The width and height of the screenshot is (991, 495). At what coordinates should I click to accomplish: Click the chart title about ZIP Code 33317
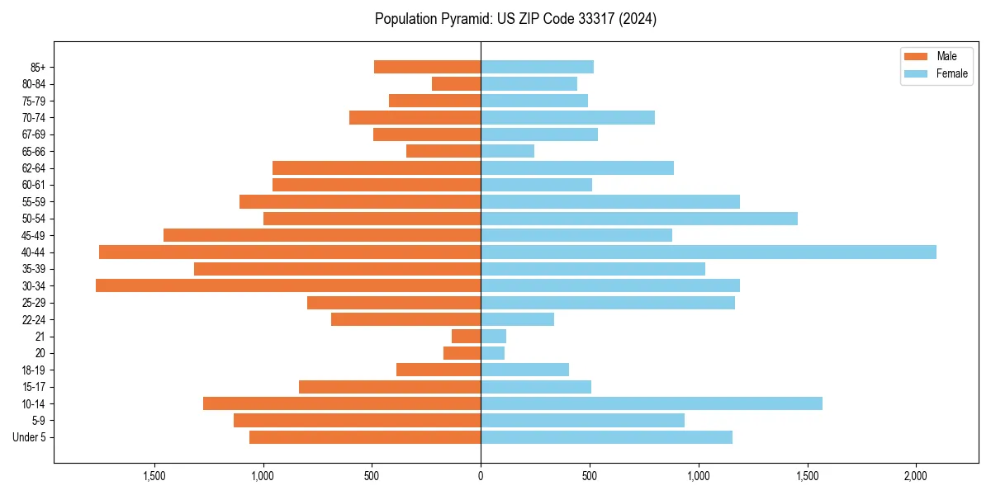click(515, 19)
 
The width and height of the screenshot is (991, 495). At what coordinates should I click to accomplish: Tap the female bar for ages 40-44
click(708, 252)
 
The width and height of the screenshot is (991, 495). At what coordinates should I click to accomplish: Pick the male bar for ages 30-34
click(288, 285)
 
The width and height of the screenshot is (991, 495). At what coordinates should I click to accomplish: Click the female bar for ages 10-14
click(651, 403)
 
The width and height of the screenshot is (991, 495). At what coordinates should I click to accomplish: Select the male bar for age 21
click(466, 336)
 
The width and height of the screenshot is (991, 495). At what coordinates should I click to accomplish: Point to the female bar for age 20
click(492, 353)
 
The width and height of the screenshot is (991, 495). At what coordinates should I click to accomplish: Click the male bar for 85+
click(427, 67)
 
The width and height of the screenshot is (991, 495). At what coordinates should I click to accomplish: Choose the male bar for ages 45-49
click(322, 235)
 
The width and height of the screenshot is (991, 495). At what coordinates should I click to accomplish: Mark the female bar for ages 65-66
click(507, 151)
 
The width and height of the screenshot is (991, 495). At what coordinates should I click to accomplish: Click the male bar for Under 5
click(365, 437)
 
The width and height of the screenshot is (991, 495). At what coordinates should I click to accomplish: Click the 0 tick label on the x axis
click(481, 476)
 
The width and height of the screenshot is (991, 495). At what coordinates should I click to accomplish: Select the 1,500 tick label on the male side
click(154, 476)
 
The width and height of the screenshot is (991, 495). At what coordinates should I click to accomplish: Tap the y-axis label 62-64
click(33, 168)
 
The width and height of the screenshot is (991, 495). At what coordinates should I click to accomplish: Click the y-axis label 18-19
click(33, 370)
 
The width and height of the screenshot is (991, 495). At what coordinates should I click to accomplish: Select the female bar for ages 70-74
click(567, 117)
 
